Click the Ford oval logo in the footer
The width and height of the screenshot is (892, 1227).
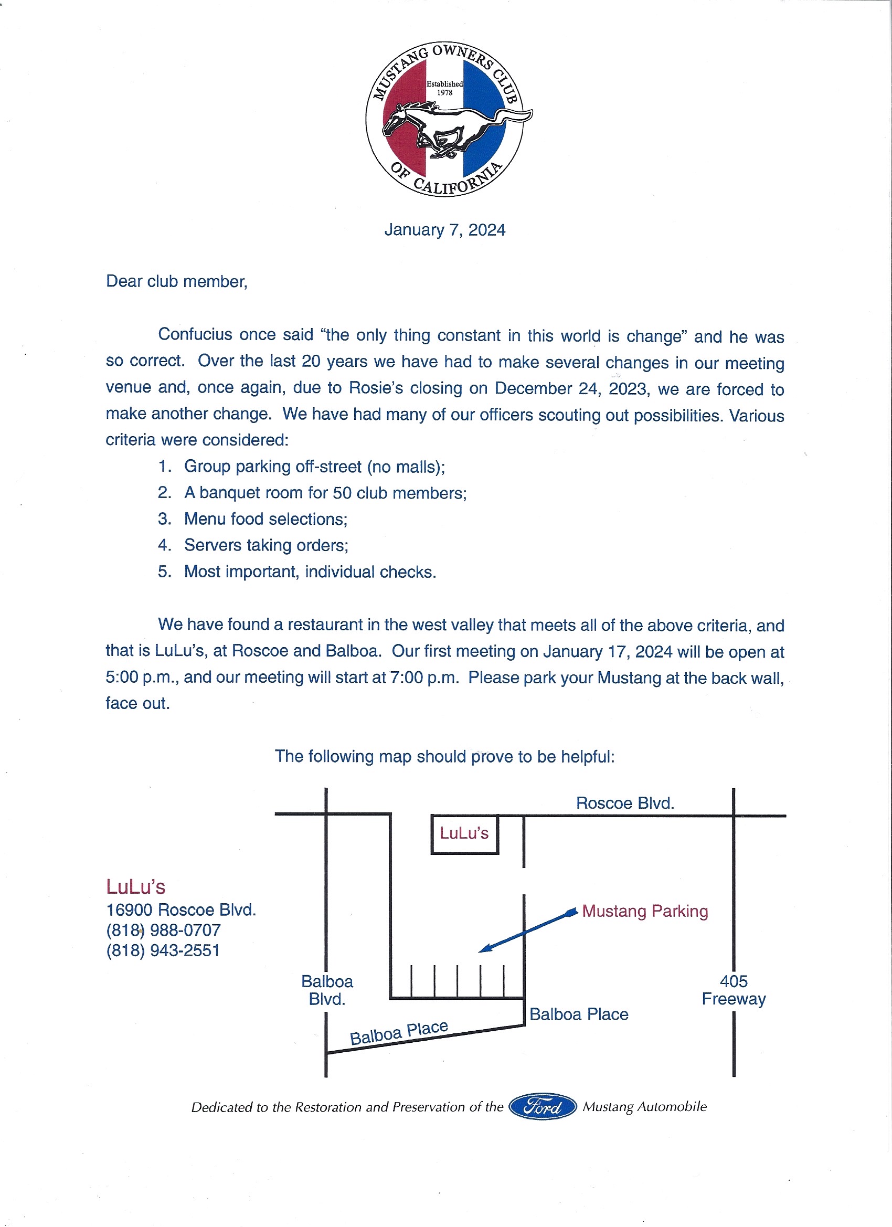[x=543, y=1107]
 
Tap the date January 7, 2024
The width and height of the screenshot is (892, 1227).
[x=444, y=230]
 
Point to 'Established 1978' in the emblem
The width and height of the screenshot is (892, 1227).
[x=444, y=88]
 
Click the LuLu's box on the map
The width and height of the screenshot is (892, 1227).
[x=464, y=834]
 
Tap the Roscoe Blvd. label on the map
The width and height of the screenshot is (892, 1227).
[x=625, y=803]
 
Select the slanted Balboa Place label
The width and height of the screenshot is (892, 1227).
[x=399, y=1033]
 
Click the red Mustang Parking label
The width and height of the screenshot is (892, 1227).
[x=645, y=912]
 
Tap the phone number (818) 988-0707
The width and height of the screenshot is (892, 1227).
[x=163, y=930]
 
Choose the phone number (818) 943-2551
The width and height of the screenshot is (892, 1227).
[x=163, y=950]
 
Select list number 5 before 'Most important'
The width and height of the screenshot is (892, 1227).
[x=164, y=572]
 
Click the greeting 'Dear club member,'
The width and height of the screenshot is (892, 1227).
[x=176, y=282]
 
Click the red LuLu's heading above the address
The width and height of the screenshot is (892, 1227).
[x=136, y=887]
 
